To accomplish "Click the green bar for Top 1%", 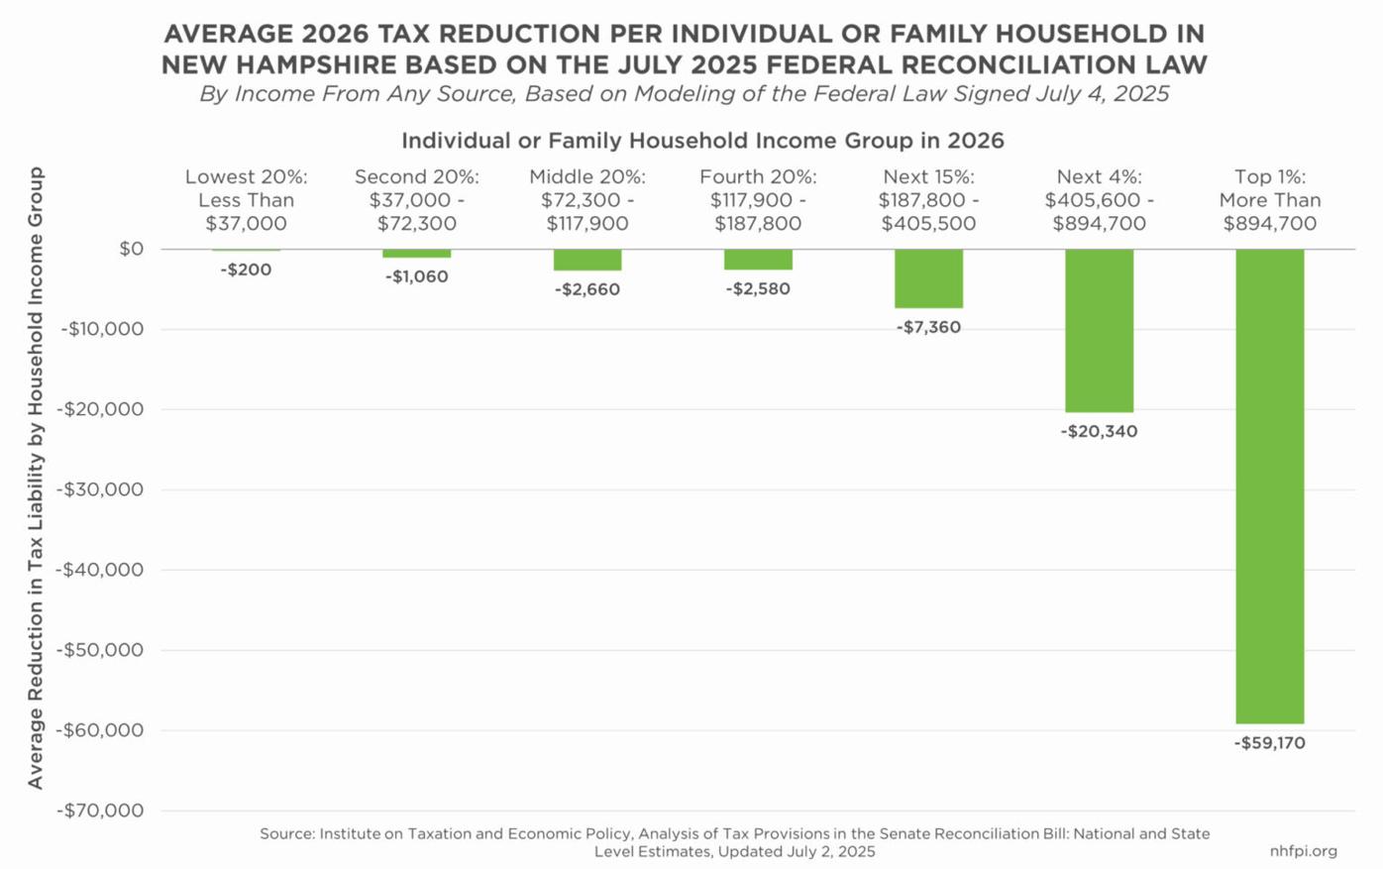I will pos(1269,486).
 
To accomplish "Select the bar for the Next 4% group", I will pos(1099,330).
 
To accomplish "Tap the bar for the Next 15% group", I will pos(928,278).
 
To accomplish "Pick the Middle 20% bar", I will pos(587,260).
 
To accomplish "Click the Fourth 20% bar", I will pos(758,260).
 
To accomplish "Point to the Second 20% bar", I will pos(417,254).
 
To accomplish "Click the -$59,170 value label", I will pos(1269,743).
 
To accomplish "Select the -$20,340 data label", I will pos(1099,432).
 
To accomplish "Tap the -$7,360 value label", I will pos(928,327).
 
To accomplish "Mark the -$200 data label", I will pos(246,270).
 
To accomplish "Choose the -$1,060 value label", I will pos(417,276).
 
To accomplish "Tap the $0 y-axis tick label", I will pos(131,249).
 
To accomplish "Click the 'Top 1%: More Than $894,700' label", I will pos(1269,200).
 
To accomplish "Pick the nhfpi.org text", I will pos(1303,851).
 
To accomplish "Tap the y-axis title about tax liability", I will pos(36,478).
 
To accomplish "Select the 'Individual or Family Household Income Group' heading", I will pos(702,141).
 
